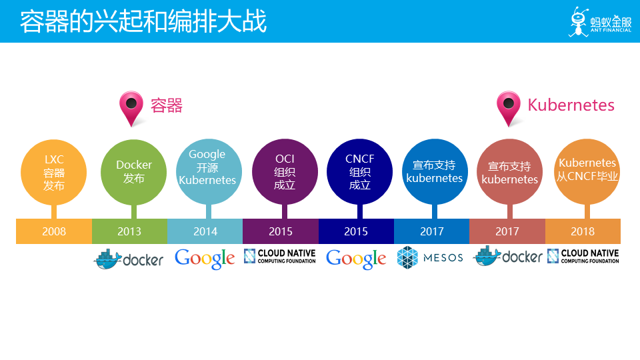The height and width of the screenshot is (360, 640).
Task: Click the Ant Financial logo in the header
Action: point(600,21)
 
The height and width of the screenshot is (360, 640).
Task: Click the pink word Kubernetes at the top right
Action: point(571,105)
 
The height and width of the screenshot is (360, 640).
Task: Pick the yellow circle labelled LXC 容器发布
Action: point(53,172)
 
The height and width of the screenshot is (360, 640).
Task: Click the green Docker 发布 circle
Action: point(133,172)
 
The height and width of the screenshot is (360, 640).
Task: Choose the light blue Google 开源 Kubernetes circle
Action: point(209,171)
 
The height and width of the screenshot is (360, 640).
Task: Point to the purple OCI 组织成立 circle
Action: point(285,171)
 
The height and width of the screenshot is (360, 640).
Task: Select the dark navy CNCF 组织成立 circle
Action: point(359,171)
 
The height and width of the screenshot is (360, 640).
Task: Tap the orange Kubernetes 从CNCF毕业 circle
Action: point(587,171)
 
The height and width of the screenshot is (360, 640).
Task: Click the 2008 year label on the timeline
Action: point(54,231)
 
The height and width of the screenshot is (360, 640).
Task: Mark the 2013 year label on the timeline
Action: point(129,231)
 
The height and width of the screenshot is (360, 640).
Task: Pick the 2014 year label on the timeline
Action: point(205,231)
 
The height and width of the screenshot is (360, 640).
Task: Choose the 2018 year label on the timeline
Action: point(583,231)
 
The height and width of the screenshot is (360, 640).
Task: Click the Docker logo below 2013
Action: point(129,259)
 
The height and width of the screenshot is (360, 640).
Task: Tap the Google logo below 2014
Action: point(205,259)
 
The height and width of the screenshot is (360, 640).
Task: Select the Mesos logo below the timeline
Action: point(430,257)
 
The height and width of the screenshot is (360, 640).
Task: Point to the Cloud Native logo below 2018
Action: point(583,256)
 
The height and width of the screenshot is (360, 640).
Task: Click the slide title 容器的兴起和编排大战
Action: point(143,21)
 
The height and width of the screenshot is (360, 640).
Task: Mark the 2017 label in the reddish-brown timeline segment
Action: point(507,231)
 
